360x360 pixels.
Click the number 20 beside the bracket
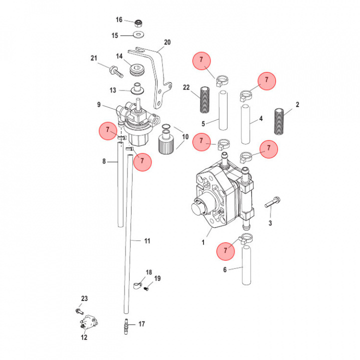point(167,42)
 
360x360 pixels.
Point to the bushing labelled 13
point(135,90)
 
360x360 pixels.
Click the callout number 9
point(99,104)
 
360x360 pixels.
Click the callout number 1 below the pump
point(203,243)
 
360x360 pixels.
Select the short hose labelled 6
point(245,264)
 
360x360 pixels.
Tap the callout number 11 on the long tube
point(147,241)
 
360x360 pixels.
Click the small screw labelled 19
point(146,287)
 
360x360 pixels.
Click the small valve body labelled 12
point(89,320)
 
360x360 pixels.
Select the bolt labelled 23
point(80,310)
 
